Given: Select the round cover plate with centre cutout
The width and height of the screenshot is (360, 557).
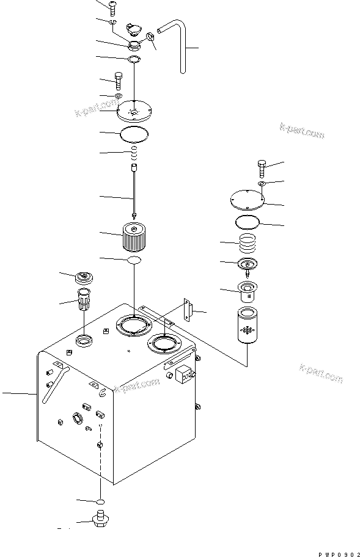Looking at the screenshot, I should pos(133,111).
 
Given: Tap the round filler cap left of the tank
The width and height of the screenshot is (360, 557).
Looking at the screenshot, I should pos(84,277).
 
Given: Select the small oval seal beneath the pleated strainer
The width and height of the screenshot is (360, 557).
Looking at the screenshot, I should pos(134,260).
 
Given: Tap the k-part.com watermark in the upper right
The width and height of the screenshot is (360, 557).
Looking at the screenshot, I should pos(302,130).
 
